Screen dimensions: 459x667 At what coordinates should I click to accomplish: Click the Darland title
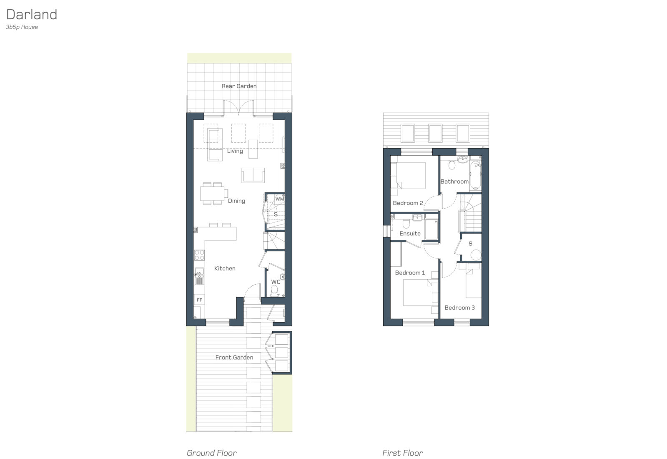(32, 15)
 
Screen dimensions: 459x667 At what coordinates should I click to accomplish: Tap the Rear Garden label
(239, 86)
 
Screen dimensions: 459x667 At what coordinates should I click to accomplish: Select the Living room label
(235, 151)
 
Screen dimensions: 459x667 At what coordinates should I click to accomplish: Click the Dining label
(236, 201)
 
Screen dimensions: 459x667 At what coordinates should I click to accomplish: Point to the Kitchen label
(225, 268)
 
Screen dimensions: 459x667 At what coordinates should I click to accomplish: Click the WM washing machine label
(279, 199)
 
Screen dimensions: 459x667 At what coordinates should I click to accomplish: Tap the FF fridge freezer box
(199, 300)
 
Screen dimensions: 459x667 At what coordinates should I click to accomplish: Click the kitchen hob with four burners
(199, 255)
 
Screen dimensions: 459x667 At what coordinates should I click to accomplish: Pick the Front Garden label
(234, 357)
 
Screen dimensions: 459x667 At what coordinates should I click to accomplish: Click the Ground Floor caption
(211, 453)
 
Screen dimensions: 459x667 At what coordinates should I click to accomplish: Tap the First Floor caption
(402, 453)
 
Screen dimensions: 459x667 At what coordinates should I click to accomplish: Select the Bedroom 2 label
(408, 203)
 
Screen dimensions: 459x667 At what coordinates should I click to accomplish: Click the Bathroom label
(454, 182)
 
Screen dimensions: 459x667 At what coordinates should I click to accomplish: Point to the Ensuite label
(410, 234)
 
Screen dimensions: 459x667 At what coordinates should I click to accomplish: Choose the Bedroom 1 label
(410, 273)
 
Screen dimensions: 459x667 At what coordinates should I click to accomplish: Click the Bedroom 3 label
(459, 308)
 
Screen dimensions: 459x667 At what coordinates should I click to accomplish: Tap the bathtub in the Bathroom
(475, 175)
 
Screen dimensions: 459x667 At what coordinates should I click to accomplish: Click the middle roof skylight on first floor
(435, 133)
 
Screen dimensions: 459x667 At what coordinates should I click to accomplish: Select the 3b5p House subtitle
(22, 27)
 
